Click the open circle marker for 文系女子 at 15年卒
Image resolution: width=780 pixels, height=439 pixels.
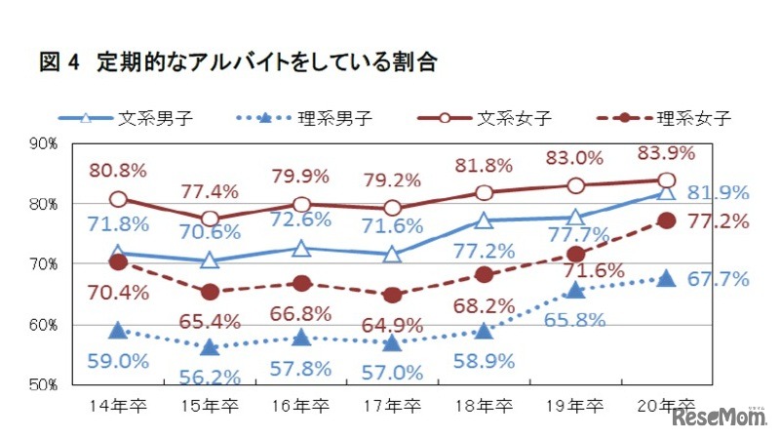coord(210,219)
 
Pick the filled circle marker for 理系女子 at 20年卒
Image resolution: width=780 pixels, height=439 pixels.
coord(667,220)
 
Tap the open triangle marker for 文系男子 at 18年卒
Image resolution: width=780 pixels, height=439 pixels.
coord(484,220)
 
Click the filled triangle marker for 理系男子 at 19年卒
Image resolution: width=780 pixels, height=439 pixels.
coord(575,290)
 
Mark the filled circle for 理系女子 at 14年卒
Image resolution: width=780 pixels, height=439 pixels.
coord(118,261)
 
